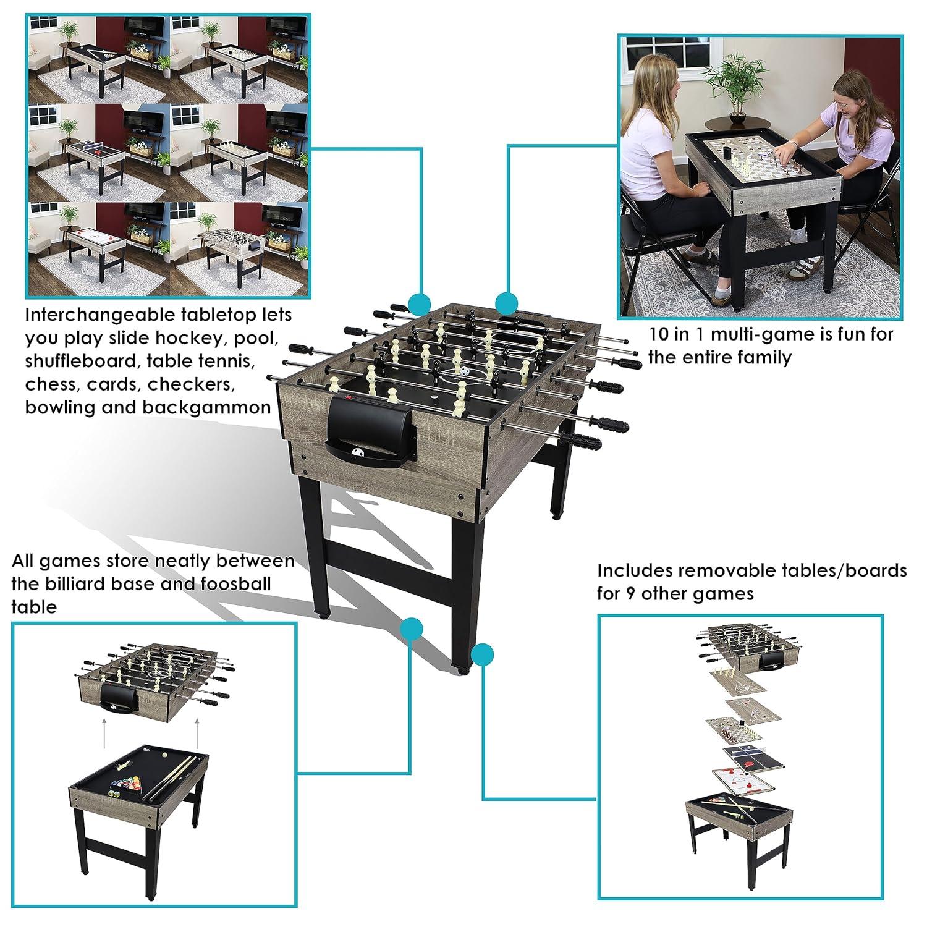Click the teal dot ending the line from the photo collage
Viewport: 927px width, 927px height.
click(420, 303)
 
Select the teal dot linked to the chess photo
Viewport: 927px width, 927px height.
click(506, 303)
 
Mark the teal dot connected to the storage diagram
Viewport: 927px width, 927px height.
click(411, 629)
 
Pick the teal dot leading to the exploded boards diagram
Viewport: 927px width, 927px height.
click(482, 654)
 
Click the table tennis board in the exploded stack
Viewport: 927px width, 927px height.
click(750, 755)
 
